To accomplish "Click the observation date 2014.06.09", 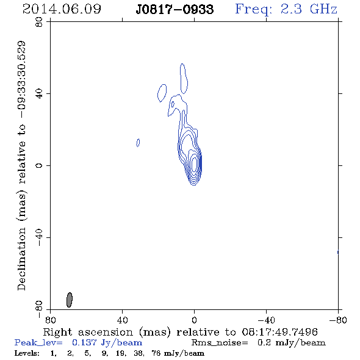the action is tap(62, 9).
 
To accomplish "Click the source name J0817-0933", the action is tap(175, 10).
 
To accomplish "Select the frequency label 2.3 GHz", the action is tap(309, 9).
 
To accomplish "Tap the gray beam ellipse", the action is tap(70, 300).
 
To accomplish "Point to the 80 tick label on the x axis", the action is tap(50, 320).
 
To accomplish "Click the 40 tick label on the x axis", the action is tap(122, 320).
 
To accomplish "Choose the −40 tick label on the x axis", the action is tap(266, 320).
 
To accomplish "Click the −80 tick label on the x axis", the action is tap(338, 320).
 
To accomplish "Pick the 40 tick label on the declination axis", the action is tap(39, 94).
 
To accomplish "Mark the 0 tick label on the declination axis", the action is tap(39, 165).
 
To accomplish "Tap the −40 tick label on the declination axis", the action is tap(39, 237).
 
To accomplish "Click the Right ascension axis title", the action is tap(181, 332).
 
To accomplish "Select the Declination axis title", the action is tap(21, 165).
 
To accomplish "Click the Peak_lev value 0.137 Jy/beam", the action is tap(107, 343).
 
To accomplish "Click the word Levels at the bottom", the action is tap(27, 353).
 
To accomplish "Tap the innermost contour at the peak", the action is tap(195, 164).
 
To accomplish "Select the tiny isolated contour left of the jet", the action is tap(138, 143).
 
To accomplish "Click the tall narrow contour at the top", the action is tap(184, 79).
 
